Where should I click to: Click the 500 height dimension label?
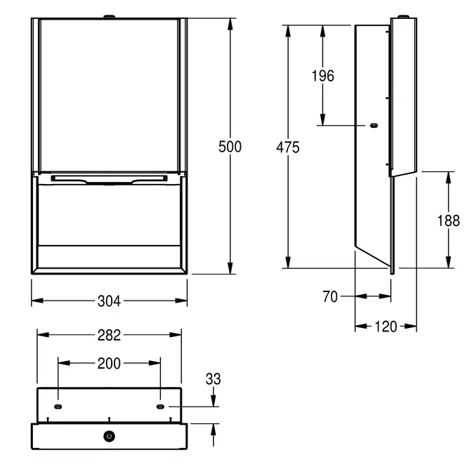[x=230, y=147]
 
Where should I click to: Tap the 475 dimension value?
[x=288, y=147]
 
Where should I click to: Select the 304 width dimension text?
[x=109, y=301]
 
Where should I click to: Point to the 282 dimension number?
[x=109, y=335]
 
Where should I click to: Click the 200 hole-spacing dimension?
[x=109, y=363]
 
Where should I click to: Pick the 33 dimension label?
[x=213, y=379]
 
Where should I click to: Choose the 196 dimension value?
[x=322, y=77]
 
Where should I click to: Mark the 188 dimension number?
[x=448, y=220]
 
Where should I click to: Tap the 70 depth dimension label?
[x=330, y=297]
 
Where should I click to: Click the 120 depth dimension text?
[x=386, y=326]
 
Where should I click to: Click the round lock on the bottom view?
[x=109, y=436]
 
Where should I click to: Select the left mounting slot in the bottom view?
[x=58, y=407]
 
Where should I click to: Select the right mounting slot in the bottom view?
[x=161, y=407]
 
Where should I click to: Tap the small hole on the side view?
[x=373, y=126]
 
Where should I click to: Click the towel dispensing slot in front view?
[x=109, y=180]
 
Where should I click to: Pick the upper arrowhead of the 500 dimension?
[x=230, y=23]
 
